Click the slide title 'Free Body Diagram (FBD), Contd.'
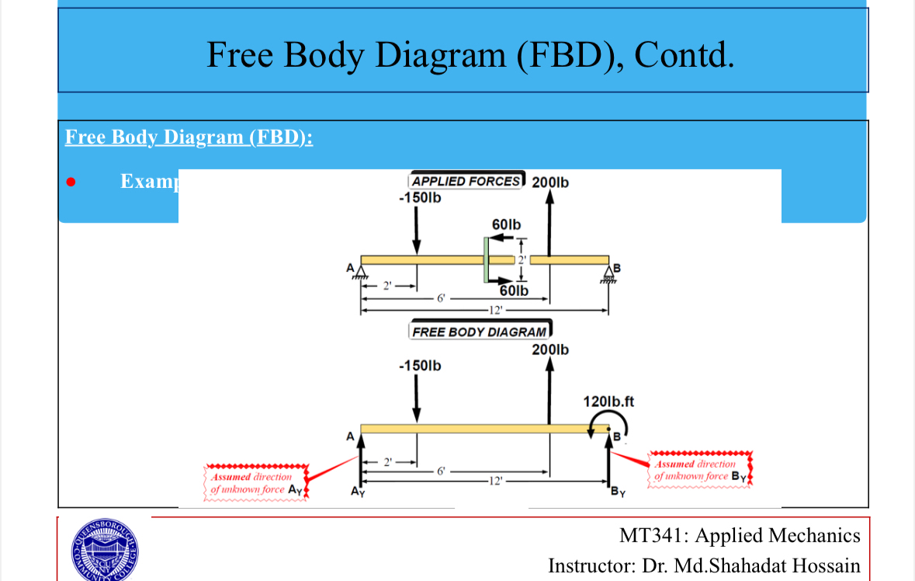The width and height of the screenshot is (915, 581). click(x=470, y=54)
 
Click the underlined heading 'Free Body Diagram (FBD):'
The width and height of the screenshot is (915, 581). click(x=189, y=137)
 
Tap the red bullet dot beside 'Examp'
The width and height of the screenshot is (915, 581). click(x=71, y=183)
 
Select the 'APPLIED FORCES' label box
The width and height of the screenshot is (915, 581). click(x=466, y=181)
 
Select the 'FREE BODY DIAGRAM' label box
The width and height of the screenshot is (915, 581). click(x=479, y=332)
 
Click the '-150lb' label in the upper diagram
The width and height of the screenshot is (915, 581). click(x=419, y=197)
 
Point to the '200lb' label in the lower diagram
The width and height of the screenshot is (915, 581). click(x=549, y=350)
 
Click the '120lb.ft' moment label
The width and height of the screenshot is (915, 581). click(x=608, y=402)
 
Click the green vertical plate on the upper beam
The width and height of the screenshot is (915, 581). click(x=485, y=260)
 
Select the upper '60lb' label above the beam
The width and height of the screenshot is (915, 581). click(x=507, y=224)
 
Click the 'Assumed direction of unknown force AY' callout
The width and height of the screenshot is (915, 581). click(x=256, y=483)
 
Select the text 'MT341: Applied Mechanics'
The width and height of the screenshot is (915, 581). click(x=740, y=535)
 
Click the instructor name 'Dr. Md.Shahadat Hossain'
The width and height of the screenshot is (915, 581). click(x=751, y=565)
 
